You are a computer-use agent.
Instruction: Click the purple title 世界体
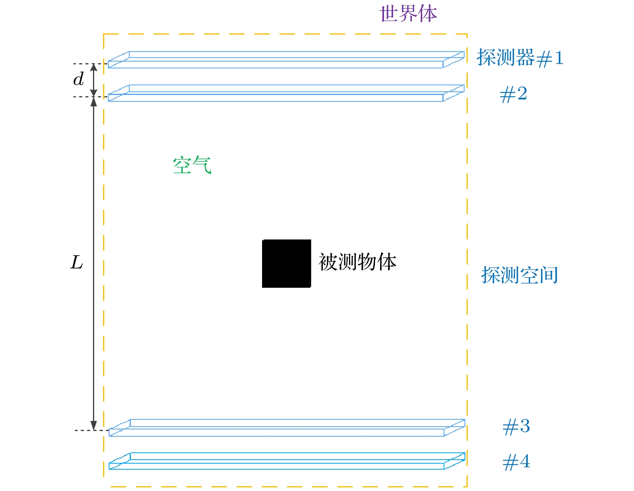click(408, 13)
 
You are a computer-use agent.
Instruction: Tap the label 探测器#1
click(520, 58)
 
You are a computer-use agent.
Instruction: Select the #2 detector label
click(513, 94)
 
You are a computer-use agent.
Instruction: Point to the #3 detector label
click(516, 427)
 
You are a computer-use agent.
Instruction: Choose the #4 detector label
click(516, 462)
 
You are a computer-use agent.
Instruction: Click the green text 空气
click(192, 165)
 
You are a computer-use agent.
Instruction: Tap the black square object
click(286, 264)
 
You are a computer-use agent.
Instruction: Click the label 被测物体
click(357, 262)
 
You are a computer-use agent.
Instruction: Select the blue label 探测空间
click(519, 274)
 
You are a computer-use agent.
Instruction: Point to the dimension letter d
click(78, 79)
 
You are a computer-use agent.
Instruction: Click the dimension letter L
click(77, 262)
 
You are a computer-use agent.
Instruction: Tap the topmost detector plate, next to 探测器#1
click(286, 60)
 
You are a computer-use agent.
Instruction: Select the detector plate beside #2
click(286, 93)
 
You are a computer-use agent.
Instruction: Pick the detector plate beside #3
click(287, 428)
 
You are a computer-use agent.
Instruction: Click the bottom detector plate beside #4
click(287, 461)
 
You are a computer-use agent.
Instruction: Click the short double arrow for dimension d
click(93, 80)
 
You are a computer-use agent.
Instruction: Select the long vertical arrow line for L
click(93, 264)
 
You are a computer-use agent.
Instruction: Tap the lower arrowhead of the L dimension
click(93, 426)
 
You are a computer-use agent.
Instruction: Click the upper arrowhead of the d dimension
click(93, 68)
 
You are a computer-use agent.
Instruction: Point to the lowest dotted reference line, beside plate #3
click(92, 430)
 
